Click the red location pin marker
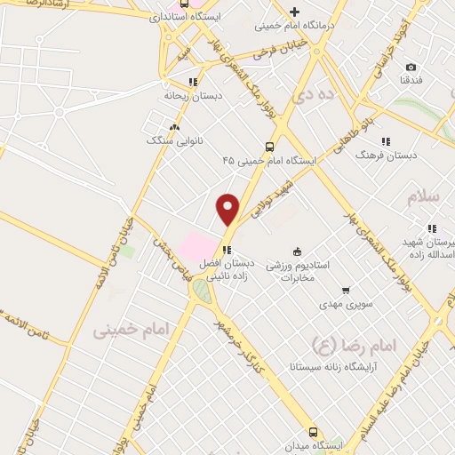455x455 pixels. coord(228,209)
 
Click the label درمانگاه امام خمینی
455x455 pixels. coord(294,26)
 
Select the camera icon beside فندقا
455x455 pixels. coord(411,67)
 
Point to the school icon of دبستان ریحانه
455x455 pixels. coord(193,82)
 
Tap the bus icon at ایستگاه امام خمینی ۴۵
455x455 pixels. coord(269,147)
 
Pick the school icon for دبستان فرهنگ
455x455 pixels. coord(386,140)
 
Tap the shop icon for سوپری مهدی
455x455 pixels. coord(346,290)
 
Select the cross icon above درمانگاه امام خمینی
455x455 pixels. coord(294,12)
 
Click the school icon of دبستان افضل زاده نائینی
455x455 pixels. coord(227,251)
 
